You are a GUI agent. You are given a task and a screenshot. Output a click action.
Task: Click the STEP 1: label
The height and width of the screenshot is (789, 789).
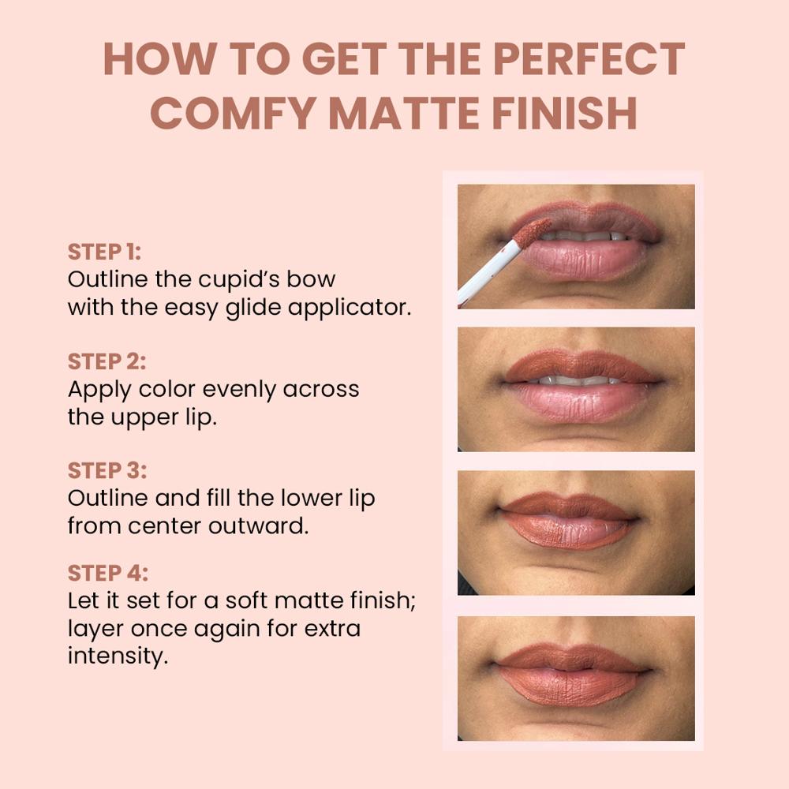[104, 252]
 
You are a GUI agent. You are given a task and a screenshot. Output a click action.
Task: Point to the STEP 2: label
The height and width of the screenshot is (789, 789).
[107, 361]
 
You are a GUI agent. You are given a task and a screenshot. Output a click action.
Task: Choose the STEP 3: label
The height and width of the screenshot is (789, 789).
[107, 470]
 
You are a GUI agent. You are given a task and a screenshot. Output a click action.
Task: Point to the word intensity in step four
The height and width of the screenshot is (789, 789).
[118, 656]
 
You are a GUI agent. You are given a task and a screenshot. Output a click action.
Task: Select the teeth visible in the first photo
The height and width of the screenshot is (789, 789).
[584, 235]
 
